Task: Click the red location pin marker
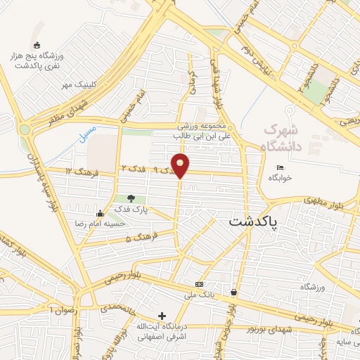click(181, 165)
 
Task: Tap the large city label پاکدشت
click(253, 221)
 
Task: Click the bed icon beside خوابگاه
click(280, 167)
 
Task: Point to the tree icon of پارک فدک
click(131, 198)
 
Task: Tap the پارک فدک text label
click(131, 211)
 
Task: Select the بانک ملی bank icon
click(199, 284)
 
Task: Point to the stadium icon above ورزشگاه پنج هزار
click(37, 46)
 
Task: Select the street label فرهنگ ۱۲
click(79, 171)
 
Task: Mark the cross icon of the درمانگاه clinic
click(162, 316)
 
